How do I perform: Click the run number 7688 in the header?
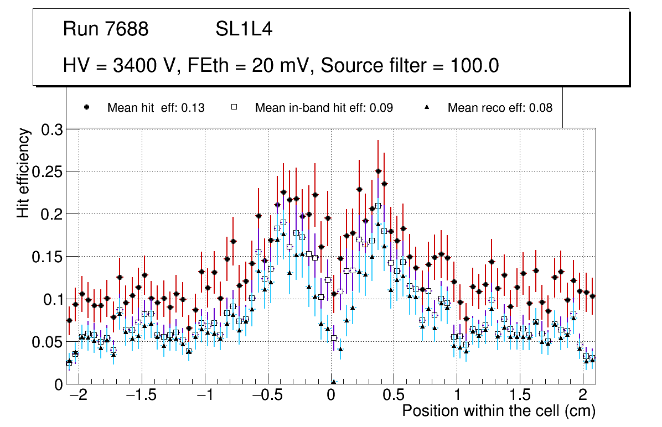[x=128, y=29]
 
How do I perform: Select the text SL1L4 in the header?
[x=244, y=29]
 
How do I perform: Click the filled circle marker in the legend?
[x=86, y=108]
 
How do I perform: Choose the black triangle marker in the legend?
[x=426, y=108]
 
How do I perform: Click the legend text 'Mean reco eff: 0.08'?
[x=500, y=108]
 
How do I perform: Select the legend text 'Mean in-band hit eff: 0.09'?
[x=324, y=108]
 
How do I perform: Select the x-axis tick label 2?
[x=582, y=396]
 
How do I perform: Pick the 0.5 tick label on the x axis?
[x=394, y=396]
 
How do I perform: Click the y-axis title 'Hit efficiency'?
[x=23, y=173]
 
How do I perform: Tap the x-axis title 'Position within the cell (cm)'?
[x=498, y=412]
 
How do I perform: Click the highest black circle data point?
[x=379, y=171]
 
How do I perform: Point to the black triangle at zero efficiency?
[x=334, y=382]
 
